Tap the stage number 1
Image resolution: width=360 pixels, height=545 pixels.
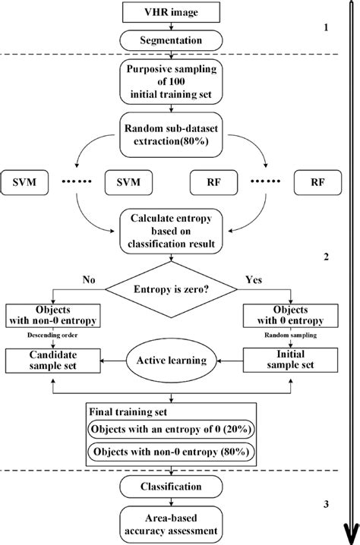coord(326,28)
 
